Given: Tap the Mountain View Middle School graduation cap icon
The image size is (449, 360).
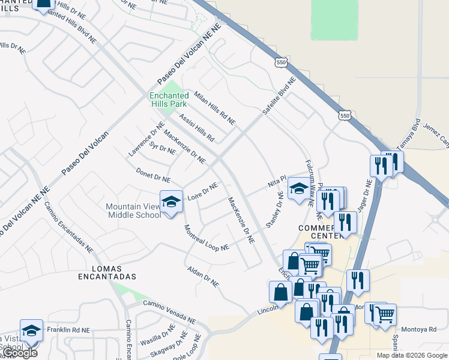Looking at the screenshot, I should [171, 201].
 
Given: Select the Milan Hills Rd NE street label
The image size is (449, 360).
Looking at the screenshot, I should [214, 109].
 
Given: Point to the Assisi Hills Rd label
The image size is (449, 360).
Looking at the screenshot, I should [196, 127].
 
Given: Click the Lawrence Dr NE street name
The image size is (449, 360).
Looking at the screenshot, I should [146, 140].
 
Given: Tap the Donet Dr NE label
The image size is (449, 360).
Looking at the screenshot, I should [153, 175].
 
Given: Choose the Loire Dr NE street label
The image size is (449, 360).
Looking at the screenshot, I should [202, 193].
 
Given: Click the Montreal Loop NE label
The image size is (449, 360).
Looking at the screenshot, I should [206, 238].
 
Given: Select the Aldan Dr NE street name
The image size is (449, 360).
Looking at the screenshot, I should [202, 276].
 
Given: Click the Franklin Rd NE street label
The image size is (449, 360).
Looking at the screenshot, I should [68, 330].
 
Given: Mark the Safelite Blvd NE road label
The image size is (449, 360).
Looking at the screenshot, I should [279, 96].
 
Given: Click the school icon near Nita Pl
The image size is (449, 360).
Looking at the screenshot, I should [298, 189].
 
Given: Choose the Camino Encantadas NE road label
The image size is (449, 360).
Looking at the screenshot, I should [68, 226].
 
